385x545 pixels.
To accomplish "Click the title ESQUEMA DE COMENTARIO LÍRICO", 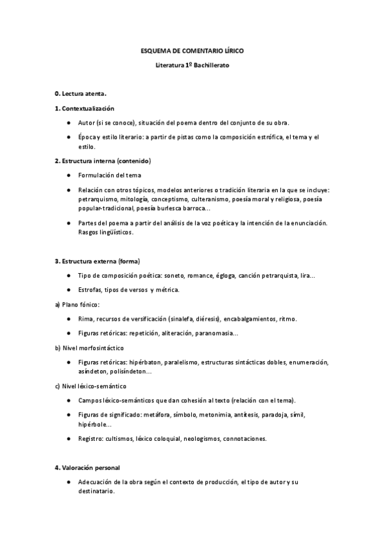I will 192,50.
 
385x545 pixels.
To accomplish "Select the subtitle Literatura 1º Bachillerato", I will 192,66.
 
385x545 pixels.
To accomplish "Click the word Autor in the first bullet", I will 86,122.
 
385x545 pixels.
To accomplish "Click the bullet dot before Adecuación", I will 69,482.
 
